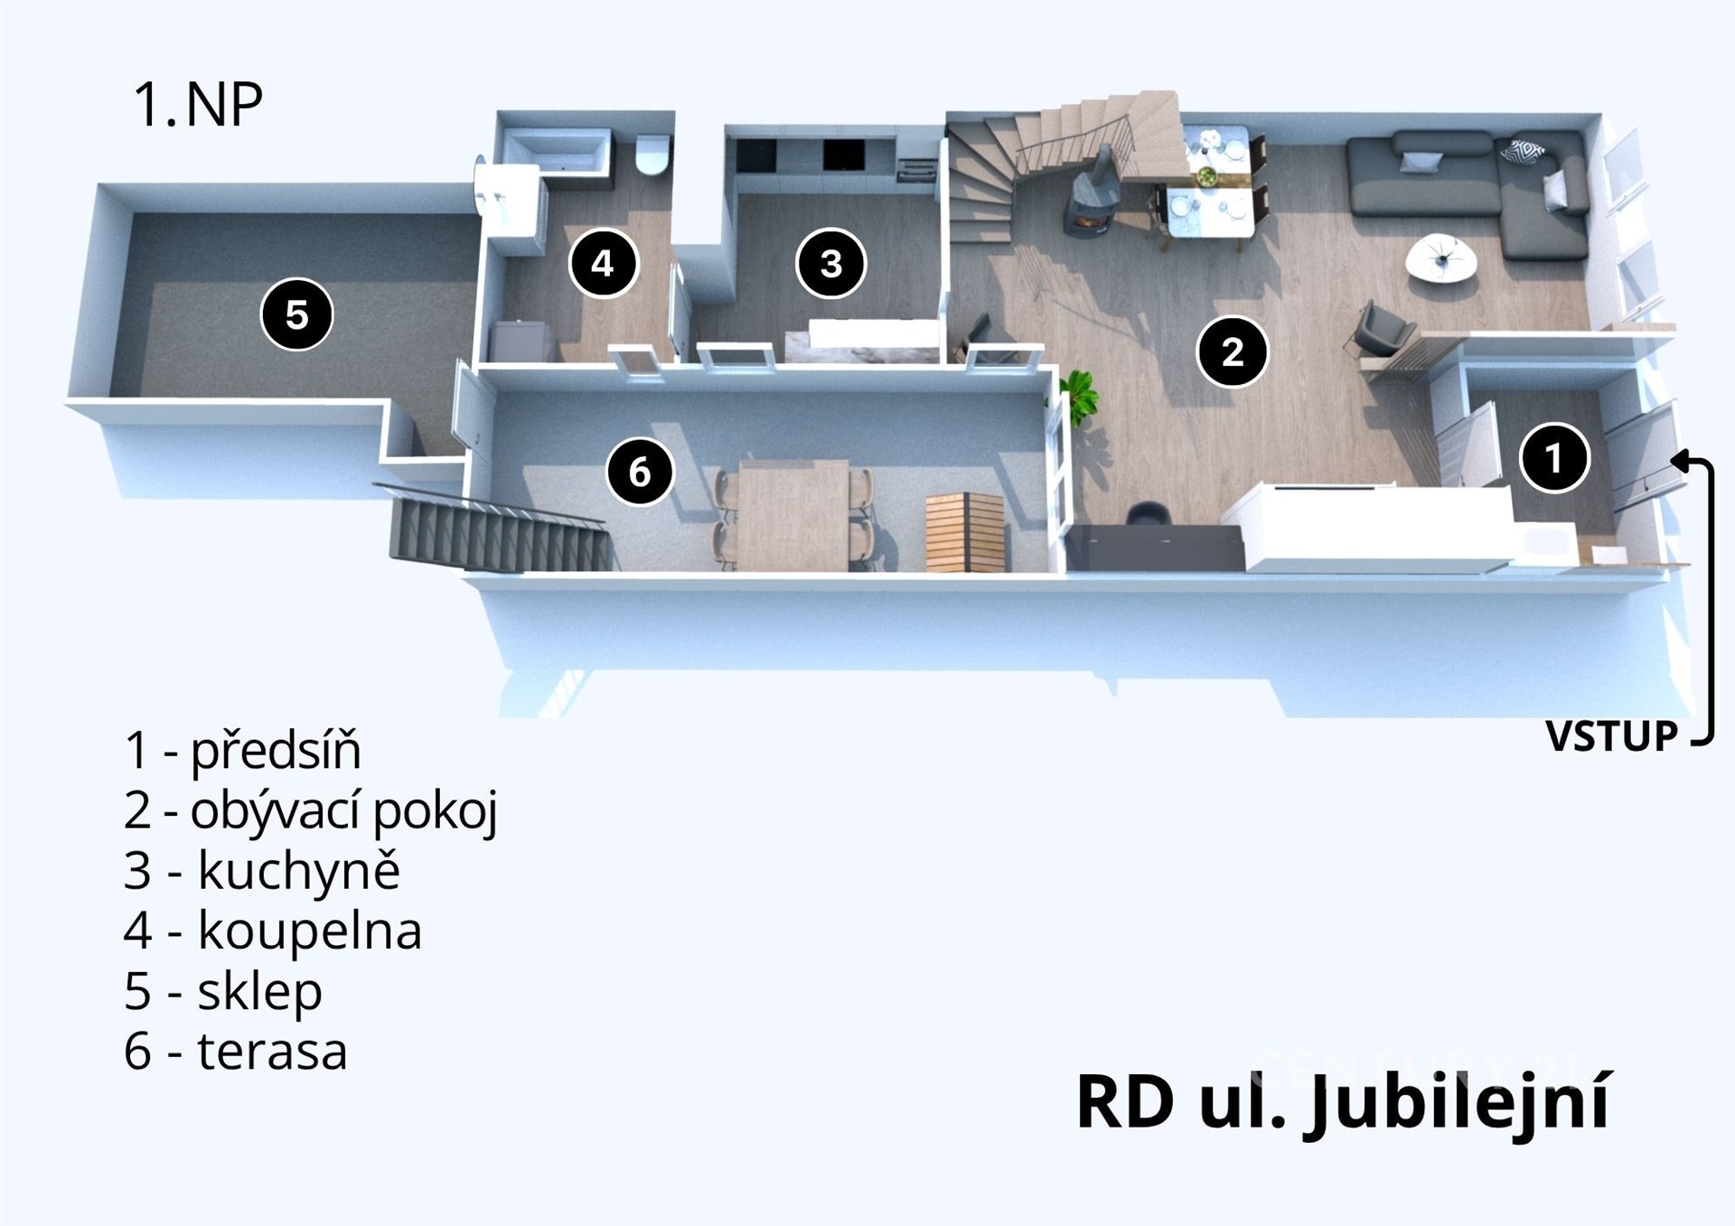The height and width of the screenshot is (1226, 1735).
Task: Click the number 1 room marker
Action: pyautogui.click(x=1553, y=458)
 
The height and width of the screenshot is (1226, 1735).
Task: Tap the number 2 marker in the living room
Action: pyautogui.click(x=1232, y=351)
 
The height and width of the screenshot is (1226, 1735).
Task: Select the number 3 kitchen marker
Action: pyautogui.click(x=830, y=264)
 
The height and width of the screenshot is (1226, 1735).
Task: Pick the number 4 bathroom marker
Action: pyautogui.click(x=603, y=264)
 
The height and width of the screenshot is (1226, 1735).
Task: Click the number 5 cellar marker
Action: pyautogui.click(x=296, y=315)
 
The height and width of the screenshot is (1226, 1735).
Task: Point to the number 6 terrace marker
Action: pyautogui.click(x=640, y=472)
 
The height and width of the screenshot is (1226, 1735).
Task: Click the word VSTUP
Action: pyautogui.click(x=1611, y=736)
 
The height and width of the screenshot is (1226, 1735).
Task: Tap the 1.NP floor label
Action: pyautogui.click(x=198, y=105)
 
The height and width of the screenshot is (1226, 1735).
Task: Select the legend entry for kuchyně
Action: pyautogui.click(x=262, y=870)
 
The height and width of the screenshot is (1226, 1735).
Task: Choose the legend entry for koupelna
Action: pyautogui.click(x=273, y=931)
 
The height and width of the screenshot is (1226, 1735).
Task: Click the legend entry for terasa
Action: pyautogui.click(x=236, y=1051)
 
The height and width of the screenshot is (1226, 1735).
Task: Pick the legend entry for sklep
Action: pyautogui.click(x=223, y=991)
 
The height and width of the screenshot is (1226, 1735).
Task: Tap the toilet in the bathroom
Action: pyautogui.click(x=652, y=154)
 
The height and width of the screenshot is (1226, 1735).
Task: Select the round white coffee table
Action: pyautogui.click(x=1441, y=258)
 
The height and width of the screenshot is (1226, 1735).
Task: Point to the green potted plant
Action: pyautogui.click(x=1081, y=398)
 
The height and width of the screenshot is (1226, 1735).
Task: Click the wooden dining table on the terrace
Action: pyautogui.click(x=792, y=513)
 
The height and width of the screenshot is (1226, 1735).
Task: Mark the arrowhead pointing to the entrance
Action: pyautogui.click(x=1679, y=461)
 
